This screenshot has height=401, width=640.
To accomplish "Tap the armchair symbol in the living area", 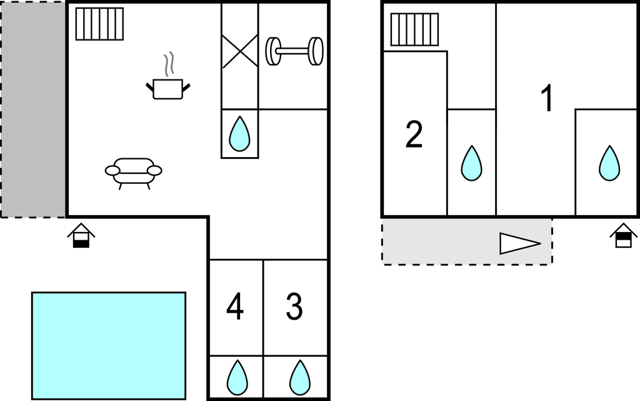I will click(x=133, y=171).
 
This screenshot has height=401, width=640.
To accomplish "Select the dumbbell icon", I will click(x=294, y=51).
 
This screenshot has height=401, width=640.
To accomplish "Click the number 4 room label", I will click(x=235, y=307).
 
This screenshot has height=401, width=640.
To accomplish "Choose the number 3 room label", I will click(x=294, y=307).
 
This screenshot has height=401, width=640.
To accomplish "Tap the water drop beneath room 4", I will click(x=236, y=377).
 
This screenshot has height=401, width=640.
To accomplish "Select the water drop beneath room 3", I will click(x=300, y=377).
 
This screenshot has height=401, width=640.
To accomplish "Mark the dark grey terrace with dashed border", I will click(x=33, y=109).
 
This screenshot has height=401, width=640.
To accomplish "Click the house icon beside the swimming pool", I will click(x=81, y=236).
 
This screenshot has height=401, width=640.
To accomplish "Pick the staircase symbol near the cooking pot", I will click(x=99, y=24).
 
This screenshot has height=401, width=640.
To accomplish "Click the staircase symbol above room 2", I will click(x=414, y=30).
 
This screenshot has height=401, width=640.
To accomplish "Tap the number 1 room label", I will click(x=547, y=99).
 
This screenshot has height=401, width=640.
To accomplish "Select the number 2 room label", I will click(x=414, y=135).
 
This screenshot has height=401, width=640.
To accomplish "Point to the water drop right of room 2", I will click(x=471, y=163).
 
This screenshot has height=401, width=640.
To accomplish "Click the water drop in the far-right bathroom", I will click(x=609, y=163).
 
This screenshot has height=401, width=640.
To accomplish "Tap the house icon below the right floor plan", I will click(x=623, y=236).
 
